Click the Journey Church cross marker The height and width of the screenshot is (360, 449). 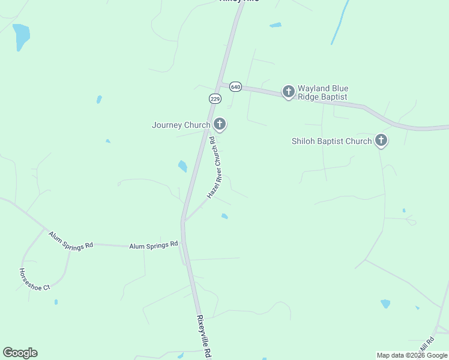point(220,124)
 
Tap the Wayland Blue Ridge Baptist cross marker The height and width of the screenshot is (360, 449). point(289,91)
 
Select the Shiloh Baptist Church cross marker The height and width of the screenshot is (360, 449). point(381,140)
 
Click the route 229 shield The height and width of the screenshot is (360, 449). point(215,98)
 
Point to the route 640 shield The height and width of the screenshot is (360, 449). point(235,87)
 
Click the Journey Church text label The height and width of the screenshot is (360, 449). point(181,125)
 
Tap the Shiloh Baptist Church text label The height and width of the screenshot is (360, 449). point(331,142)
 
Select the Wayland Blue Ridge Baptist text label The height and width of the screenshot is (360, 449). point(323,92)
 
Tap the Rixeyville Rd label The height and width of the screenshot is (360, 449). point(204,337)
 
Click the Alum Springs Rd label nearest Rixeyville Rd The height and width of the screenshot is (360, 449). point(154,245)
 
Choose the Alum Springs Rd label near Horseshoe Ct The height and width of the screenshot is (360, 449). point(71,241)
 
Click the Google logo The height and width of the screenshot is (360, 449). point(20,353)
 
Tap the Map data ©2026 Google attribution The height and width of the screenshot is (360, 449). point(412,355)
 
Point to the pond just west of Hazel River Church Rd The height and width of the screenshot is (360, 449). point(182,166)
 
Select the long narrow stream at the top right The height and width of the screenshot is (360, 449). point(340,23)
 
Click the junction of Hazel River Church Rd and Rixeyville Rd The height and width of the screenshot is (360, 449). point(185,220)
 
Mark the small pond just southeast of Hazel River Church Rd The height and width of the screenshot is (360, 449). point(224,216)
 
